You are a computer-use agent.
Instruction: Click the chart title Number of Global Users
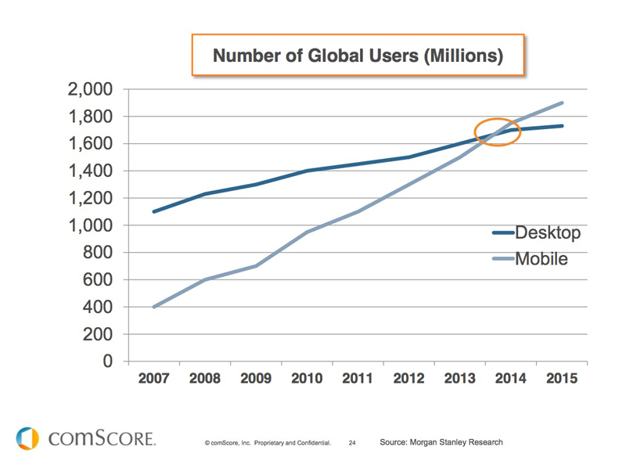357,56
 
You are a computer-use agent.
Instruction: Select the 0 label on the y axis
107,362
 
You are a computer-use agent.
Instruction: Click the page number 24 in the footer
352,443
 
